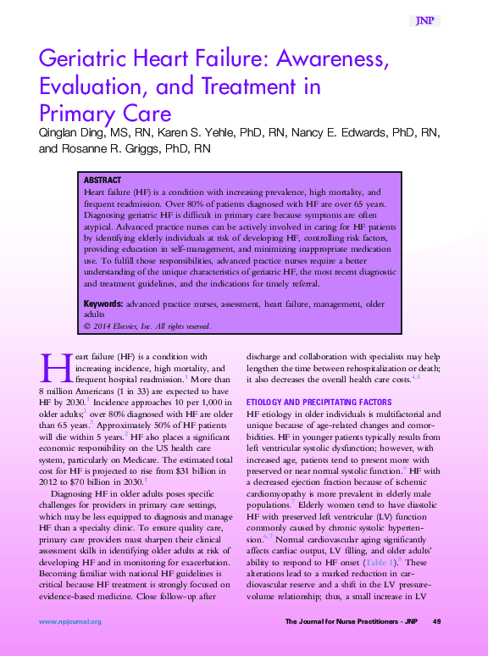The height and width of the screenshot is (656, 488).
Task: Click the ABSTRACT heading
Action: coord(103,181)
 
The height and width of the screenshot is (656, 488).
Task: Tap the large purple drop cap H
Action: coord(53,368)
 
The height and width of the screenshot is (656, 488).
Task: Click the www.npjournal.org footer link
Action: coord(69,621)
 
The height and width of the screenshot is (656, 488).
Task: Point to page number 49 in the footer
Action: coord(437,621)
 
